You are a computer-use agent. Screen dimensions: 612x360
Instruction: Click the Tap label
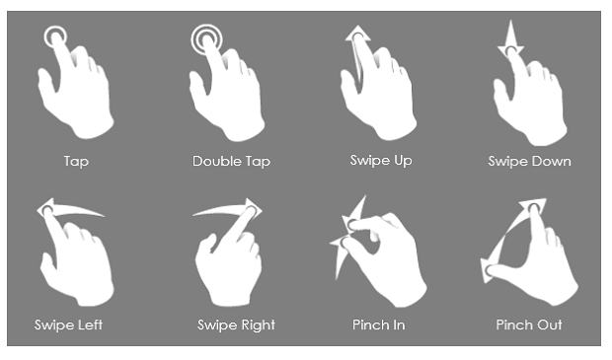click(77, 161)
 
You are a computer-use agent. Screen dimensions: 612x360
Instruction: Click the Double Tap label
click(231, 161)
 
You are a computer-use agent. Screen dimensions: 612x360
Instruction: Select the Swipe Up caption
click(381, 161)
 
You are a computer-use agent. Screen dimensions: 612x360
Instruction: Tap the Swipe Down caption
click(529, 161)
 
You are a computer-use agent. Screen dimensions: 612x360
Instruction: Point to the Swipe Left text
click(68, 324)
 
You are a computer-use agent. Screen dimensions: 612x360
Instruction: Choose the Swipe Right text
click(236, 324)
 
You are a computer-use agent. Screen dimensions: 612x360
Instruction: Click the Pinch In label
click(379, 324)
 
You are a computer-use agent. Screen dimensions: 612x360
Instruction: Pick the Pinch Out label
click(529, 324)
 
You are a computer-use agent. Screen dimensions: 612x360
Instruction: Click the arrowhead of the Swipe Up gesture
click(358, 34)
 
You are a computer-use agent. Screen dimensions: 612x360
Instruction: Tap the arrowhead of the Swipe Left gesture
click(44, 208)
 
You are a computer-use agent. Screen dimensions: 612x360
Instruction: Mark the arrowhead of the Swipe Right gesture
click(254, 209)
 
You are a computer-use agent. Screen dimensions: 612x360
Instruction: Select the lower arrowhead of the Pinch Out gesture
click(487, 270)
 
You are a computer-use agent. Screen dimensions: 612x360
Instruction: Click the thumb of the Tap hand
click(46, 83)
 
